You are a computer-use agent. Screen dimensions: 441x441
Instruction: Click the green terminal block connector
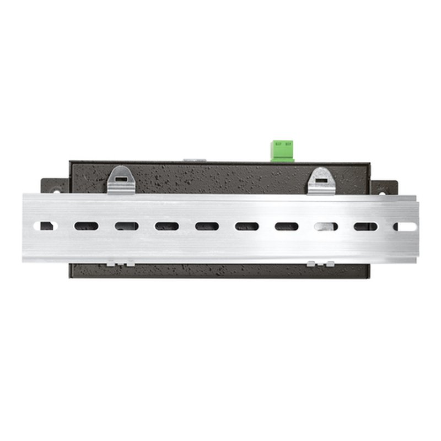282,150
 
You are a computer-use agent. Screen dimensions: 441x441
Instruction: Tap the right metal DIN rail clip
322,181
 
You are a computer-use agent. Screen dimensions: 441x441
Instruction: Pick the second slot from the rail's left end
87,226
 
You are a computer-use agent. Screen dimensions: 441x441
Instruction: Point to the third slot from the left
126,226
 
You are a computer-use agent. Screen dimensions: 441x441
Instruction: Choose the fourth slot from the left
166,226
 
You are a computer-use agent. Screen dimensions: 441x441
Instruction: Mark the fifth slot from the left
206,226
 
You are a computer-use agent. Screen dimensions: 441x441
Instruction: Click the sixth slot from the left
246,226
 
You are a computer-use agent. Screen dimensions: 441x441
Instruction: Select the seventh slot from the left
287,226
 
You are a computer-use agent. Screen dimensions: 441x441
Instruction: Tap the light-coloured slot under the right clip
326,226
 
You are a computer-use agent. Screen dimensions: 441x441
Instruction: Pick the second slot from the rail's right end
365,226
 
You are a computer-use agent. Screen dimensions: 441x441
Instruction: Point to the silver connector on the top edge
195,160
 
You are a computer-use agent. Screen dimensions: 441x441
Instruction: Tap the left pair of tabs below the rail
121,263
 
